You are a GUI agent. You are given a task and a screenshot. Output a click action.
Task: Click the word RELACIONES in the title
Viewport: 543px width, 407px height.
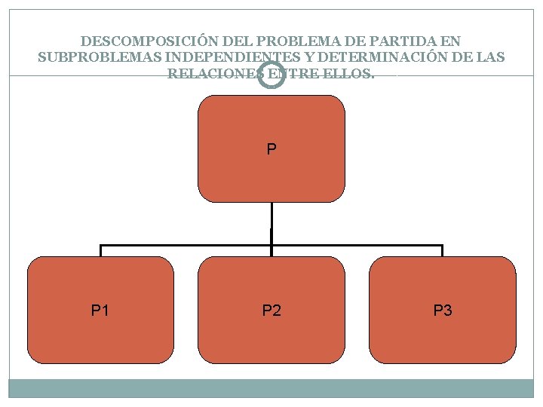click(214, 74)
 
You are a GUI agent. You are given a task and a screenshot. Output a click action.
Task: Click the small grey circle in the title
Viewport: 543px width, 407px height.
click(271, 75)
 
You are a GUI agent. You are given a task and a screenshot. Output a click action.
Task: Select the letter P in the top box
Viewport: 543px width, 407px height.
click(271, 149)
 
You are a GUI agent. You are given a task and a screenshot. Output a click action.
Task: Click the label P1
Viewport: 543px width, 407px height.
click(100, 310)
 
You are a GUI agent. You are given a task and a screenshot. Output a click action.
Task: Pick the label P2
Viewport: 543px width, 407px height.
click(271, 310)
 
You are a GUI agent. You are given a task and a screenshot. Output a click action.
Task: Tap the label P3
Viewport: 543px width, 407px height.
click(443, 310)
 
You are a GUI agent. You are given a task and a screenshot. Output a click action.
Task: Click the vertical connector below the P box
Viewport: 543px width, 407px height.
click(271, 224)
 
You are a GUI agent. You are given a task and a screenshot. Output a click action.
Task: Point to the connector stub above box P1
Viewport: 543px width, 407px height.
click(100, 250)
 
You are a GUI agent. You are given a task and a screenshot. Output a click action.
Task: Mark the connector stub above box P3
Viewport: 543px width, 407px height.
click(443, 250)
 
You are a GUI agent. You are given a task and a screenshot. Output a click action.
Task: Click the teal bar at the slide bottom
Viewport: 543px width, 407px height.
click(271, 388)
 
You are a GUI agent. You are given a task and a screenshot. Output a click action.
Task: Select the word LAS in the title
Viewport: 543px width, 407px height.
click(492, 57)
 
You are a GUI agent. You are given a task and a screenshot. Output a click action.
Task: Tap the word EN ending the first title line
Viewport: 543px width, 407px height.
click(452, 41)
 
